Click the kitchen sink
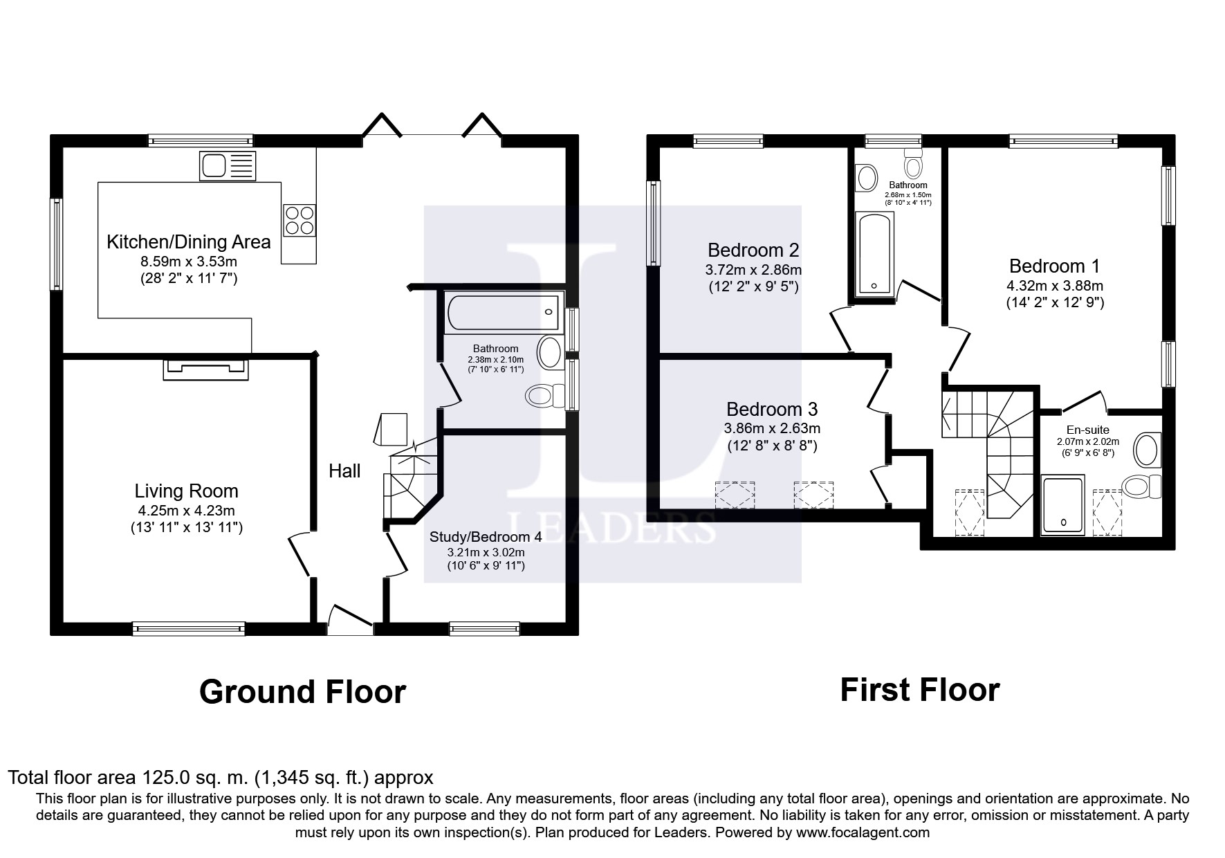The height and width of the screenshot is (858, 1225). [x=228, y=166]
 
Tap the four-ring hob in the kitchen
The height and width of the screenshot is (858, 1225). [x=299, y=220]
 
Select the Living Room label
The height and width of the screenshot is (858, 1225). [x=186, y=491]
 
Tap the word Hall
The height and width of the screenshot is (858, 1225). [x=344, y=471]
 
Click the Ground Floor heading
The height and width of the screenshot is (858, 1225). [x=302, y=692]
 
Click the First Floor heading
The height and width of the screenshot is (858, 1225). [x=920, y=690]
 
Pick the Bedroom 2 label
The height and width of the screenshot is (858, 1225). [x=753, y=250]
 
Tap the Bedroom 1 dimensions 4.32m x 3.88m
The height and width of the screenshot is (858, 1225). [x=1055, y=285]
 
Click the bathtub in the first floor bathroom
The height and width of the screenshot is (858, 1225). [x=875, y=254]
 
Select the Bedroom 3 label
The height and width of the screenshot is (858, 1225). [x=772, y=409]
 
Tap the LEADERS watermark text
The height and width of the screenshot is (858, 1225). [x=611, y=528]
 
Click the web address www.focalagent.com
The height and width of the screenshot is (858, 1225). [x=863, y=832]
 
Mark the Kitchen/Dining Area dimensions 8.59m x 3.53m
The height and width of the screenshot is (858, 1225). [x=189, y=262]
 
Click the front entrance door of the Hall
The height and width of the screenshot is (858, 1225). [x=351, y=619]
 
